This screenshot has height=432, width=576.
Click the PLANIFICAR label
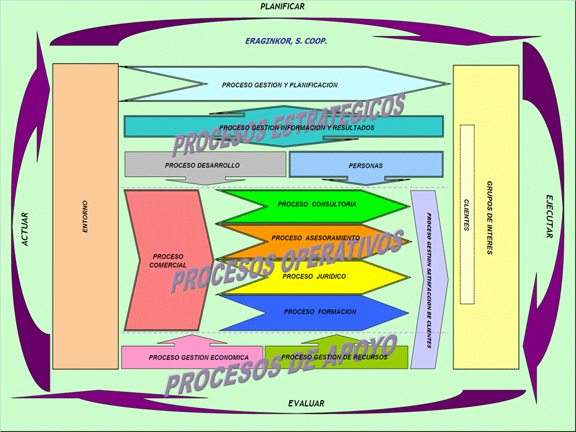[282, 7]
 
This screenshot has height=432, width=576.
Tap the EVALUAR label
[306, 404]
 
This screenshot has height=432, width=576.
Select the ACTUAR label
[25, 229]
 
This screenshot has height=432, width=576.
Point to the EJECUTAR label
[549, 216]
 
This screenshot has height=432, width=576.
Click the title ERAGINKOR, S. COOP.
[286, 41]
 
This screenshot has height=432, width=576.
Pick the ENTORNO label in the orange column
[85, 217]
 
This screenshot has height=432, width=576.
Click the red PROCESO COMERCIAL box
[167, 260]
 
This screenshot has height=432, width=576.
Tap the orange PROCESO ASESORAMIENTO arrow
[316, 238]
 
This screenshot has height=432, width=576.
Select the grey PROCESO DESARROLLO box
[202, 165]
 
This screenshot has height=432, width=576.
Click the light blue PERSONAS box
[365, 166]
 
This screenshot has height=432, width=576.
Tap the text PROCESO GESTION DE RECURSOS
[334, 357]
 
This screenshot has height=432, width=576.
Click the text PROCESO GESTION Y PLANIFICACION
[280, 85]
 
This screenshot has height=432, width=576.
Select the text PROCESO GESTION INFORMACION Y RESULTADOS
[296, 128]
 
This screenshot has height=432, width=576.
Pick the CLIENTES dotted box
[467, 215]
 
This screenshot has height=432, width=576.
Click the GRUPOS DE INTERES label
[490, 217]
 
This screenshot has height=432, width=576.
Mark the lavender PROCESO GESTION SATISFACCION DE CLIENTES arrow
[429, 279]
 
